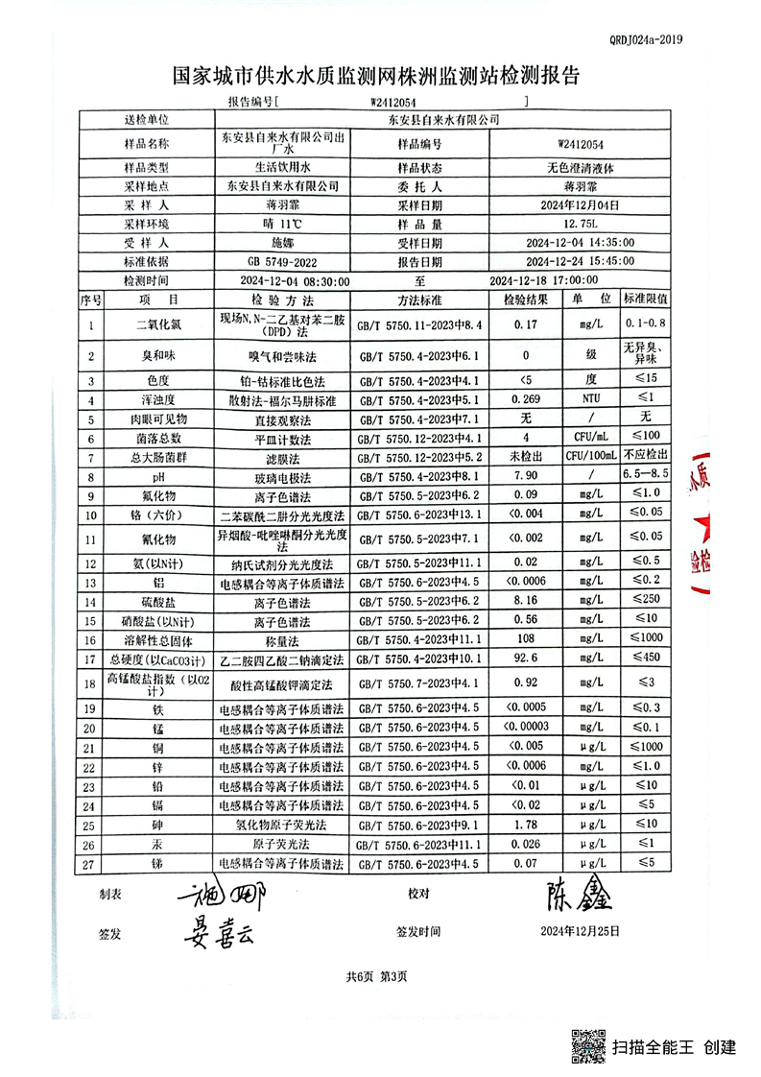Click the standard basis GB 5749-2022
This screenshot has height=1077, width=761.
point(284,261)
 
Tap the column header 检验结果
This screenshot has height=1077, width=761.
point(525,299)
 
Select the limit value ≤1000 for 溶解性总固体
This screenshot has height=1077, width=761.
point(646,639)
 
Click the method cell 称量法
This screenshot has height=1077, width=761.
point(284,639)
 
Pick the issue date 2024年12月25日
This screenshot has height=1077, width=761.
point(580,930)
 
